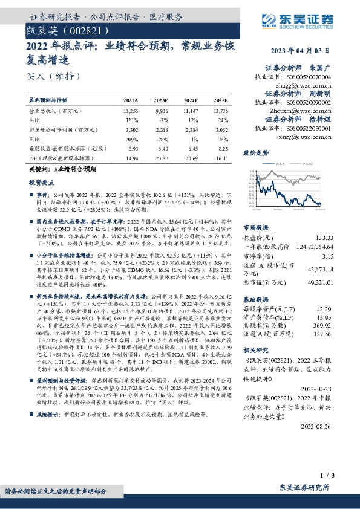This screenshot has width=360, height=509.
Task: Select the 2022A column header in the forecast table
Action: coord(131,100)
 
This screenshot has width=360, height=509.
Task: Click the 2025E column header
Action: coord(221,100)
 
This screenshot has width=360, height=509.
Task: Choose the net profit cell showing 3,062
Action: coord(220,129)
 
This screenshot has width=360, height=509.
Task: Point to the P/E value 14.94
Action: coord(131,157)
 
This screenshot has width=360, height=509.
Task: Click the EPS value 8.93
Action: coord(132,148)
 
